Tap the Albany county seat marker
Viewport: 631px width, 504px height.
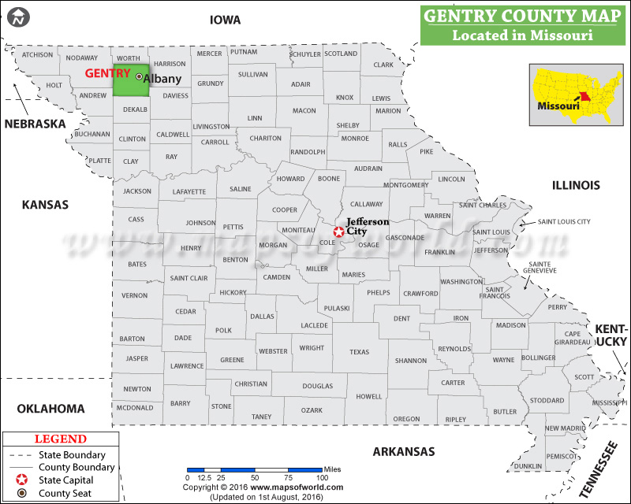[140, 77]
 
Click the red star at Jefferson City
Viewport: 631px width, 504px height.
[338, 232]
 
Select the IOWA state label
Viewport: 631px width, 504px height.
[225, 20]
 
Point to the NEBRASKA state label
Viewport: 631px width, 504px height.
[35, 124]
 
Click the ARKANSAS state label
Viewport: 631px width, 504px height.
[404, 451]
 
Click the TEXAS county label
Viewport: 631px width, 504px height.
[359, 352]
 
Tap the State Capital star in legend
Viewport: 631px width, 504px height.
[22, 480]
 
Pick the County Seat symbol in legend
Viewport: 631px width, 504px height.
[22, 493]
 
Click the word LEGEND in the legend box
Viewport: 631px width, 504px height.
[61, 439]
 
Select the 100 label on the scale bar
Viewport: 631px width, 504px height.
[322, 478]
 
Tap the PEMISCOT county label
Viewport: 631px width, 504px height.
[562, 456]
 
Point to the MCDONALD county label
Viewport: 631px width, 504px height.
[134, 408]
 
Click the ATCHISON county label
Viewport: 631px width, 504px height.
[37, 55]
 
